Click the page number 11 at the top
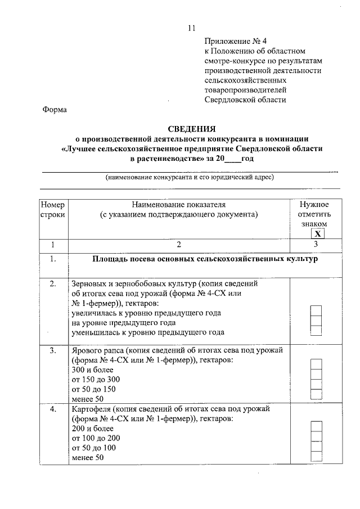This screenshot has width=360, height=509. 191,28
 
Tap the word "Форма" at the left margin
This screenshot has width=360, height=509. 55,110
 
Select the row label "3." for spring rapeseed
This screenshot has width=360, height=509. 53,350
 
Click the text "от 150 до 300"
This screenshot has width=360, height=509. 96,380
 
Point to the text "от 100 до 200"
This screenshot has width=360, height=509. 96,438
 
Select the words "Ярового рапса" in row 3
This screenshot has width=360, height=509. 97,350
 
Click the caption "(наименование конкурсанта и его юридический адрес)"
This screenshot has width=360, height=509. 190,177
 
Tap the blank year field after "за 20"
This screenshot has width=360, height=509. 232,159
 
